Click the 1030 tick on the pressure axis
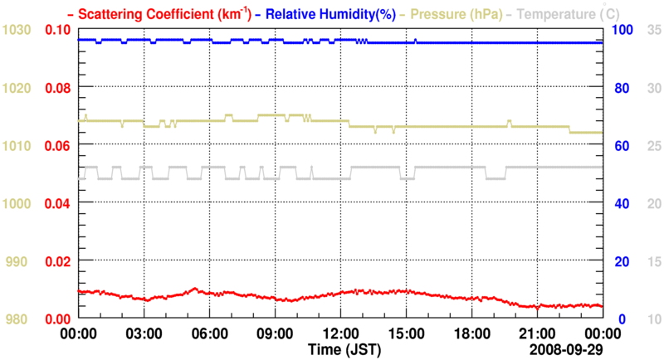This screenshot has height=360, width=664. point(17,30)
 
